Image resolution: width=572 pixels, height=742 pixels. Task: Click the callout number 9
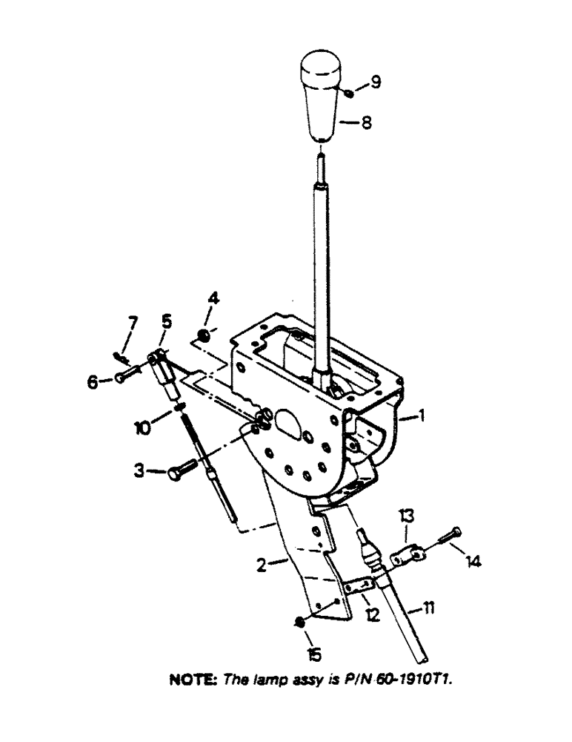tap(376, 82)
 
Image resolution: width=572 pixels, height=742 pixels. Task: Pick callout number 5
tap(166, 321)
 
